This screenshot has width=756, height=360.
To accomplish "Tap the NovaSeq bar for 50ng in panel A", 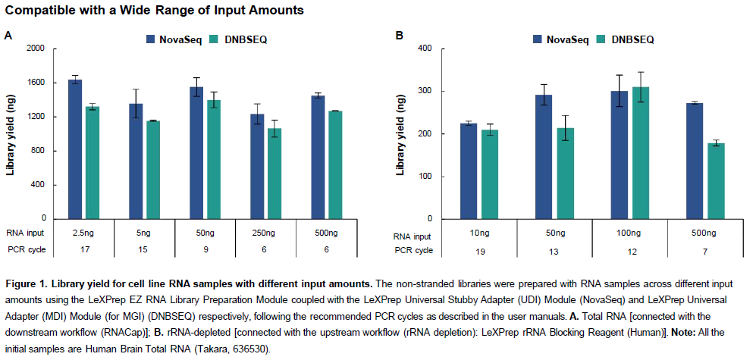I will pos(196,152).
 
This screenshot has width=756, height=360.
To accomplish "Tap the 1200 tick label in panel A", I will pos(36,117).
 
